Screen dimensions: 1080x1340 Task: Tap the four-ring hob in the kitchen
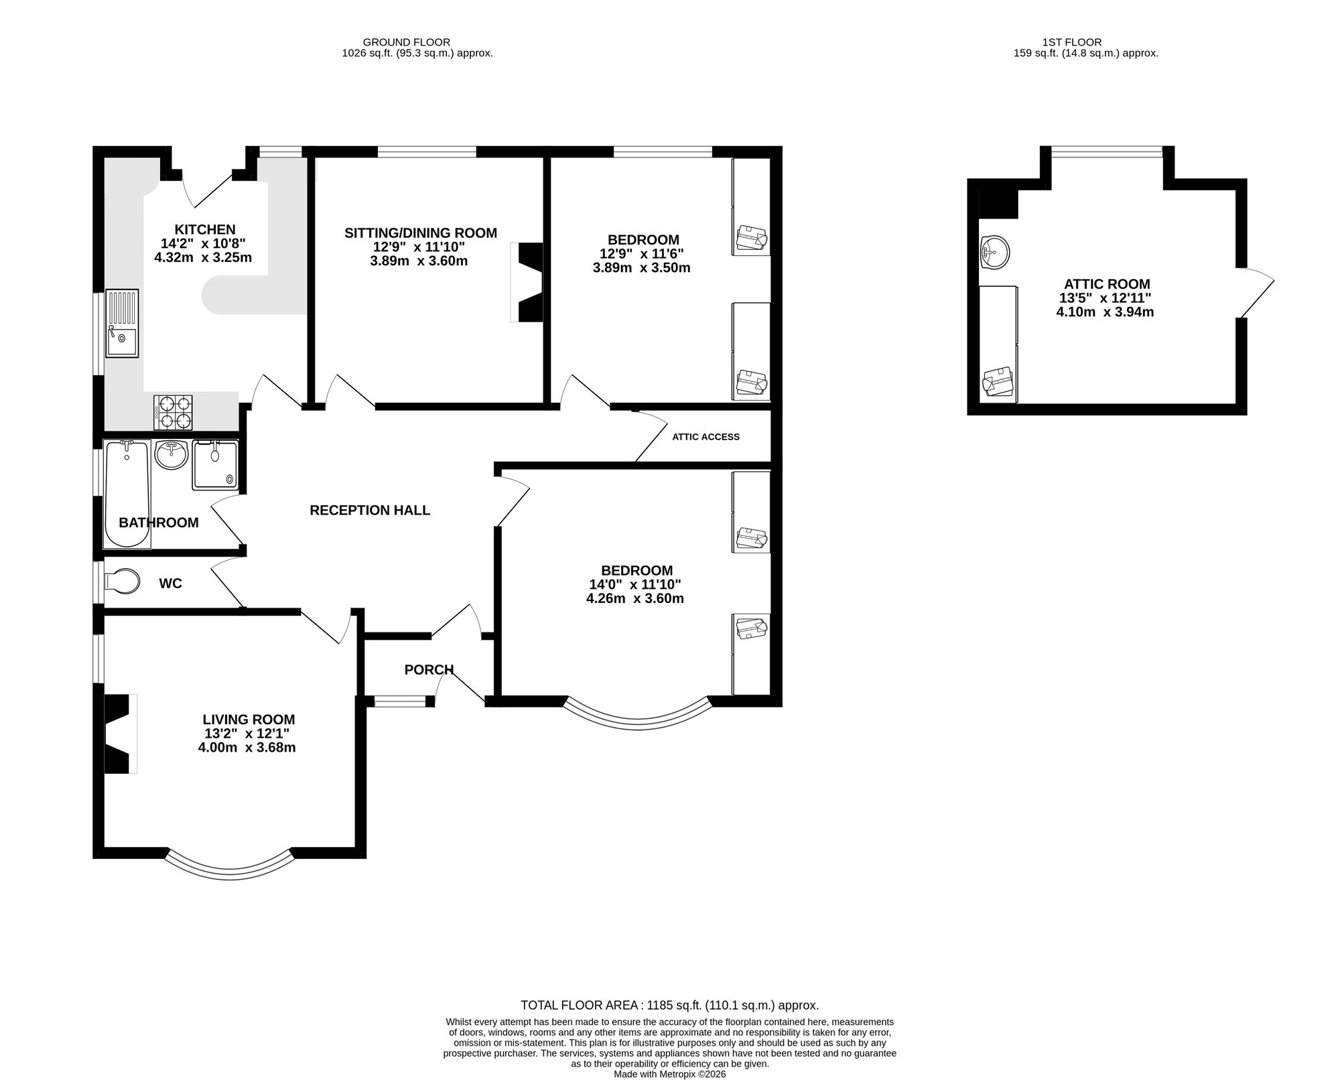point(174,412)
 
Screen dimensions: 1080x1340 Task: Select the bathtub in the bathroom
point(127,493)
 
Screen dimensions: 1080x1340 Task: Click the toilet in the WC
point(123,581)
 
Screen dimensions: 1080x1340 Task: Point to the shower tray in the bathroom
point(215,465)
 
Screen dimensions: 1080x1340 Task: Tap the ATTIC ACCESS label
point(706,437)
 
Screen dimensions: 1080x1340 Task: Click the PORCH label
point(429,669)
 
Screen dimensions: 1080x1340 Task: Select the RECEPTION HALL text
point(370,511)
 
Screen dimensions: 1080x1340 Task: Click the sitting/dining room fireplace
point(529,282)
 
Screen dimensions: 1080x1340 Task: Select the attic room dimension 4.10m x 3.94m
point(1105,312)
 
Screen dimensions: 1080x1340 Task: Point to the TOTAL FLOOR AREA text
point(669,1005)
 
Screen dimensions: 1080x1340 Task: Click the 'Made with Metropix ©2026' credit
point(669,1073)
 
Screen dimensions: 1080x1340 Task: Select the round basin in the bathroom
point(172,455)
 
